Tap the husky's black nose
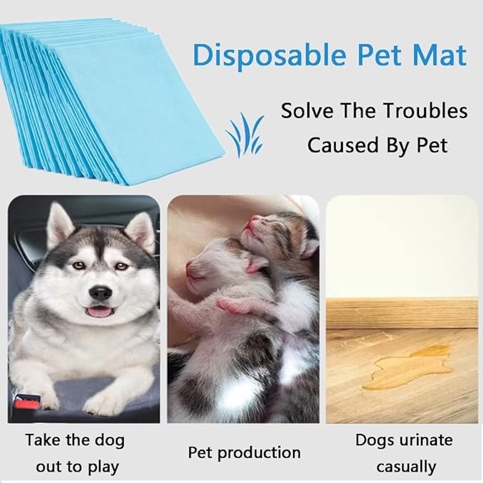click(101, 292)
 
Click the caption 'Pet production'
click(244, 452)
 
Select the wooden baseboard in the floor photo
click(402, 311)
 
